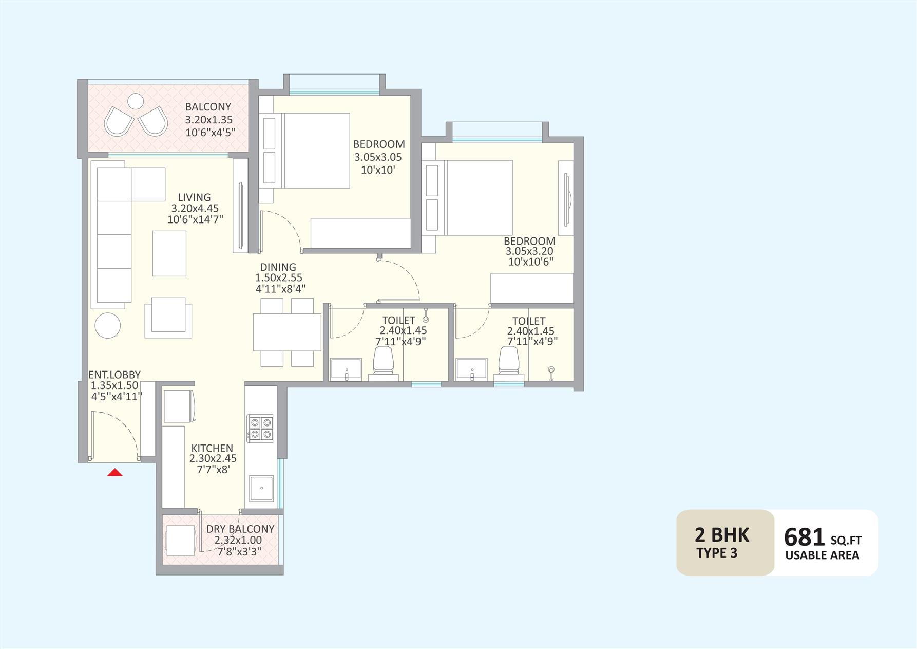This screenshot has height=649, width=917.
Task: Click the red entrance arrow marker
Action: point(115,472)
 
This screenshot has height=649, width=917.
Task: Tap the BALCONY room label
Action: point(208,107)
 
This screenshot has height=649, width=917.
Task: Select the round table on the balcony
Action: point(136,101)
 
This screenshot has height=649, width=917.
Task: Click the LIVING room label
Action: point(194,197)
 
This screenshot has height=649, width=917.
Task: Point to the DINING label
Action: point(278,267)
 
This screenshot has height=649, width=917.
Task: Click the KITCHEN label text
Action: point(212,449)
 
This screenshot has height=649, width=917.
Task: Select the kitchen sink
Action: point(262,488)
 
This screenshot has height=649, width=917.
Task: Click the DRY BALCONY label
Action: point(240,529)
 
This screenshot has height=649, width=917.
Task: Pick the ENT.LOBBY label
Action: point(114,375)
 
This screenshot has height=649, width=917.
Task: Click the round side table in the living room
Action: point(108,325)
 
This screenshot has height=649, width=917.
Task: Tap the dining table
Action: point(287,332)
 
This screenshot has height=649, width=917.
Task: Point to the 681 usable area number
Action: point(805,537)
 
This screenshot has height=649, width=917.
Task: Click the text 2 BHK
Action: point(722,535)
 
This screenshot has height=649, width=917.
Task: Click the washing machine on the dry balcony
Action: point(180,540)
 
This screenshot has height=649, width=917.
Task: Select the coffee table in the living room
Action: point(169,253)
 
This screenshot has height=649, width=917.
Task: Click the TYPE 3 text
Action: point(717,553)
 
